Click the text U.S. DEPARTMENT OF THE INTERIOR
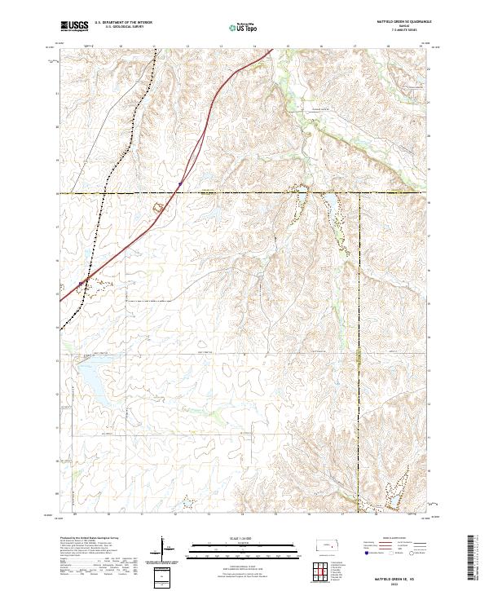tap(123, 23)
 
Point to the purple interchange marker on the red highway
tap(180, 184)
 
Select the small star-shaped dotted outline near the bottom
tap(188, 503)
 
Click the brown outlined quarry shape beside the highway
tap(161, 207)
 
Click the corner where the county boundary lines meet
tap(359, 193)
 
